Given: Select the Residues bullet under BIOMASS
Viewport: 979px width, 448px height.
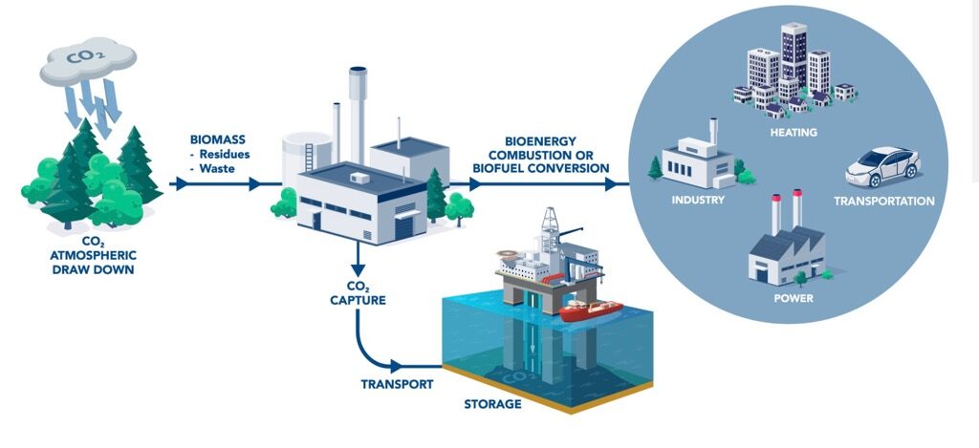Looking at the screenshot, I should pos(225,153).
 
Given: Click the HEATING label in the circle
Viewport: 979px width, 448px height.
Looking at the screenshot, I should pos(793,132).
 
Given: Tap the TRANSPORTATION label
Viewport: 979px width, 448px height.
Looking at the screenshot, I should pos(883,202).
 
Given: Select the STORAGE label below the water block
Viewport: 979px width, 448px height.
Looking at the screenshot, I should pos(492,404).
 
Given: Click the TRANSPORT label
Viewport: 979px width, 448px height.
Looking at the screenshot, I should pos(397,384).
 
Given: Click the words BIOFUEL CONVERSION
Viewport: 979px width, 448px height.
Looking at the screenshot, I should pos(540,167).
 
